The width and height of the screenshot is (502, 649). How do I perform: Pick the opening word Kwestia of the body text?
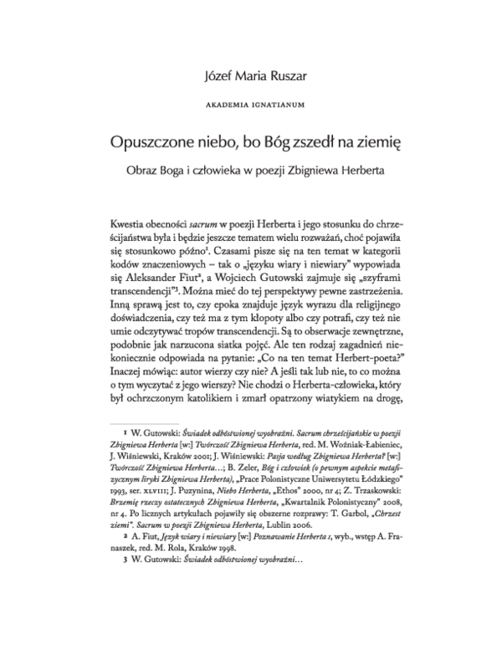click(129, 227)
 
